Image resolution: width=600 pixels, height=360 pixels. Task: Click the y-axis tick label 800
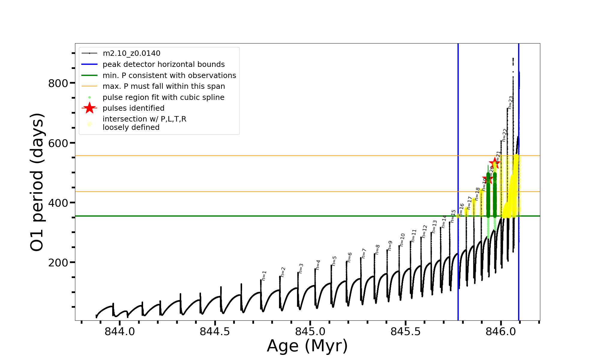[x=58, y=83]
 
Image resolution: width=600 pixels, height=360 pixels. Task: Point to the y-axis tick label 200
[x=58, y=263]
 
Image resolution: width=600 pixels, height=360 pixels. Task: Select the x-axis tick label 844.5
[x=215, y=331]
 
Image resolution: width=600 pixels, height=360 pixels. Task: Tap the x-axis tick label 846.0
[x=501, y=331]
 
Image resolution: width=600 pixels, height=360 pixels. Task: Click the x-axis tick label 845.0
[x=310, y=331]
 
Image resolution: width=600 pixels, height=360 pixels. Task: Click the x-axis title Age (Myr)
[x=307, y=346]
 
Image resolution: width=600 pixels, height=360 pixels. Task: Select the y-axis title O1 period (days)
[x=37, y=182]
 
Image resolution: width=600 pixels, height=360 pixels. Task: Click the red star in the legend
[x=89, y=108]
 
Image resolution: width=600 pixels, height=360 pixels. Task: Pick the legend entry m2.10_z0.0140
[x=131, y=53]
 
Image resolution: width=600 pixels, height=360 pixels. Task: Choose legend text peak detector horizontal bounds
[x=163, y=64]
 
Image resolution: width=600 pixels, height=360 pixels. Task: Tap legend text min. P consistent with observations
[x=169, y=76]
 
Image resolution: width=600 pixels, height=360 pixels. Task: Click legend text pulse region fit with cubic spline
[x=163, y=97]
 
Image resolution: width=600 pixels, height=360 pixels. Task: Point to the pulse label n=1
[x=264, y=275]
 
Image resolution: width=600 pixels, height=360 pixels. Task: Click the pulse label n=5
[x=334, y=261]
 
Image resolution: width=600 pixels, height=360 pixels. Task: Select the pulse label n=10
[x=402, y=240]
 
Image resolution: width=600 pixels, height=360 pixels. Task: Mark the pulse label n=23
[x=511, y=103]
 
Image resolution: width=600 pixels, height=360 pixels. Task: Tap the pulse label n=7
[x=364, y=253]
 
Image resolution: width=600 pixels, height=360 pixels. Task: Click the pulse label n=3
[x=301, y=268]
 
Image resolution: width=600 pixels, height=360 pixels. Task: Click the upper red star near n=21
[x=494, y=163]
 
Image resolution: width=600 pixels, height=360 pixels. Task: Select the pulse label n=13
[x=434, y=226]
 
